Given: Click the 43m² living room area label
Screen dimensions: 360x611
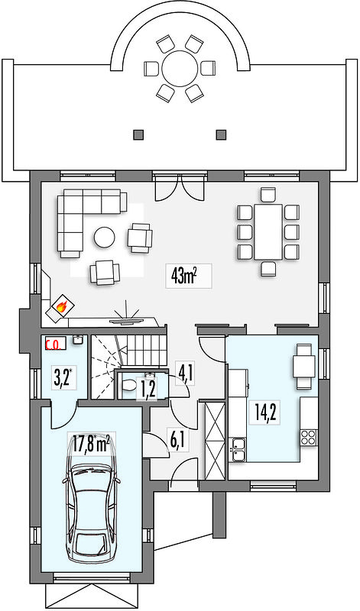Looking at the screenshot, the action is pyautogui.click(x=183, y=276).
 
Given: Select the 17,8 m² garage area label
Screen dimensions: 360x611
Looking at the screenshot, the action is pyautogui.click(x=91, y=445).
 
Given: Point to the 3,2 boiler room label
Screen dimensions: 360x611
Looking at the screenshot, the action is pyautogui.click(x=62, y=378).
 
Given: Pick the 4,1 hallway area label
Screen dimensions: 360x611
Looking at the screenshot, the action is pyautogui.click(x=184, y=373).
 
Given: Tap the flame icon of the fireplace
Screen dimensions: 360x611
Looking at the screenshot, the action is pyautogui.click(x=60, y=307).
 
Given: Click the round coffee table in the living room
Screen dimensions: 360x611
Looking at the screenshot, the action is pyautogui.click(x=104, y=238).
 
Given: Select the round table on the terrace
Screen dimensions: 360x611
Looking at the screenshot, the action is pyautogui.click(x=180, y=69).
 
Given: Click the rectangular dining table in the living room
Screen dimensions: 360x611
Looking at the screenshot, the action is pyautogui.click(x=268, y=231).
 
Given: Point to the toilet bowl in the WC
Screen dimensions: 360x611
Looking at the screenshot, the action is pyautogui.click(x=128, y=385).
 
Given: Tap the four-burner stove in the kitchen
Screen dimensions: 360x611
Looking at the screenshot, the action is pyautogui.click(x=309, y=437).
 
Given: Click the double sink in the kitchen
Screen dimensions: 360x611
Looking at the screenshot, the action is pyautogui.click(x=238, y=449).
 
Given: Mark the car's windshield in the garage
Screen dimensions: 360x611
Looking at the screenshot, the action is pyautogui.click(x=90, y=542).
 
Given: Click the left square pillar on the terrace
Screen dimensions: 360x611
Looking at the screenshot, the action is pyautogui.click(x=138, y=134).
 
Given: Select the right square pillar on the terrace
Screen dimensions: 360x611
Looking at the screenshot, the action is pyautogui.click(x=222, y=134).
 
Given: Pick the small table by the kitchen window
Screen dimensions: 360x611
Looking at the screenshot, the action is pyautogui.click(x=305, y=367).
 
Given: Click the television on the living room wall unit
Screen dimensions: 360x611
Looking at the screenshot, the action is pyautogui.click(x=125, y=322).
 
